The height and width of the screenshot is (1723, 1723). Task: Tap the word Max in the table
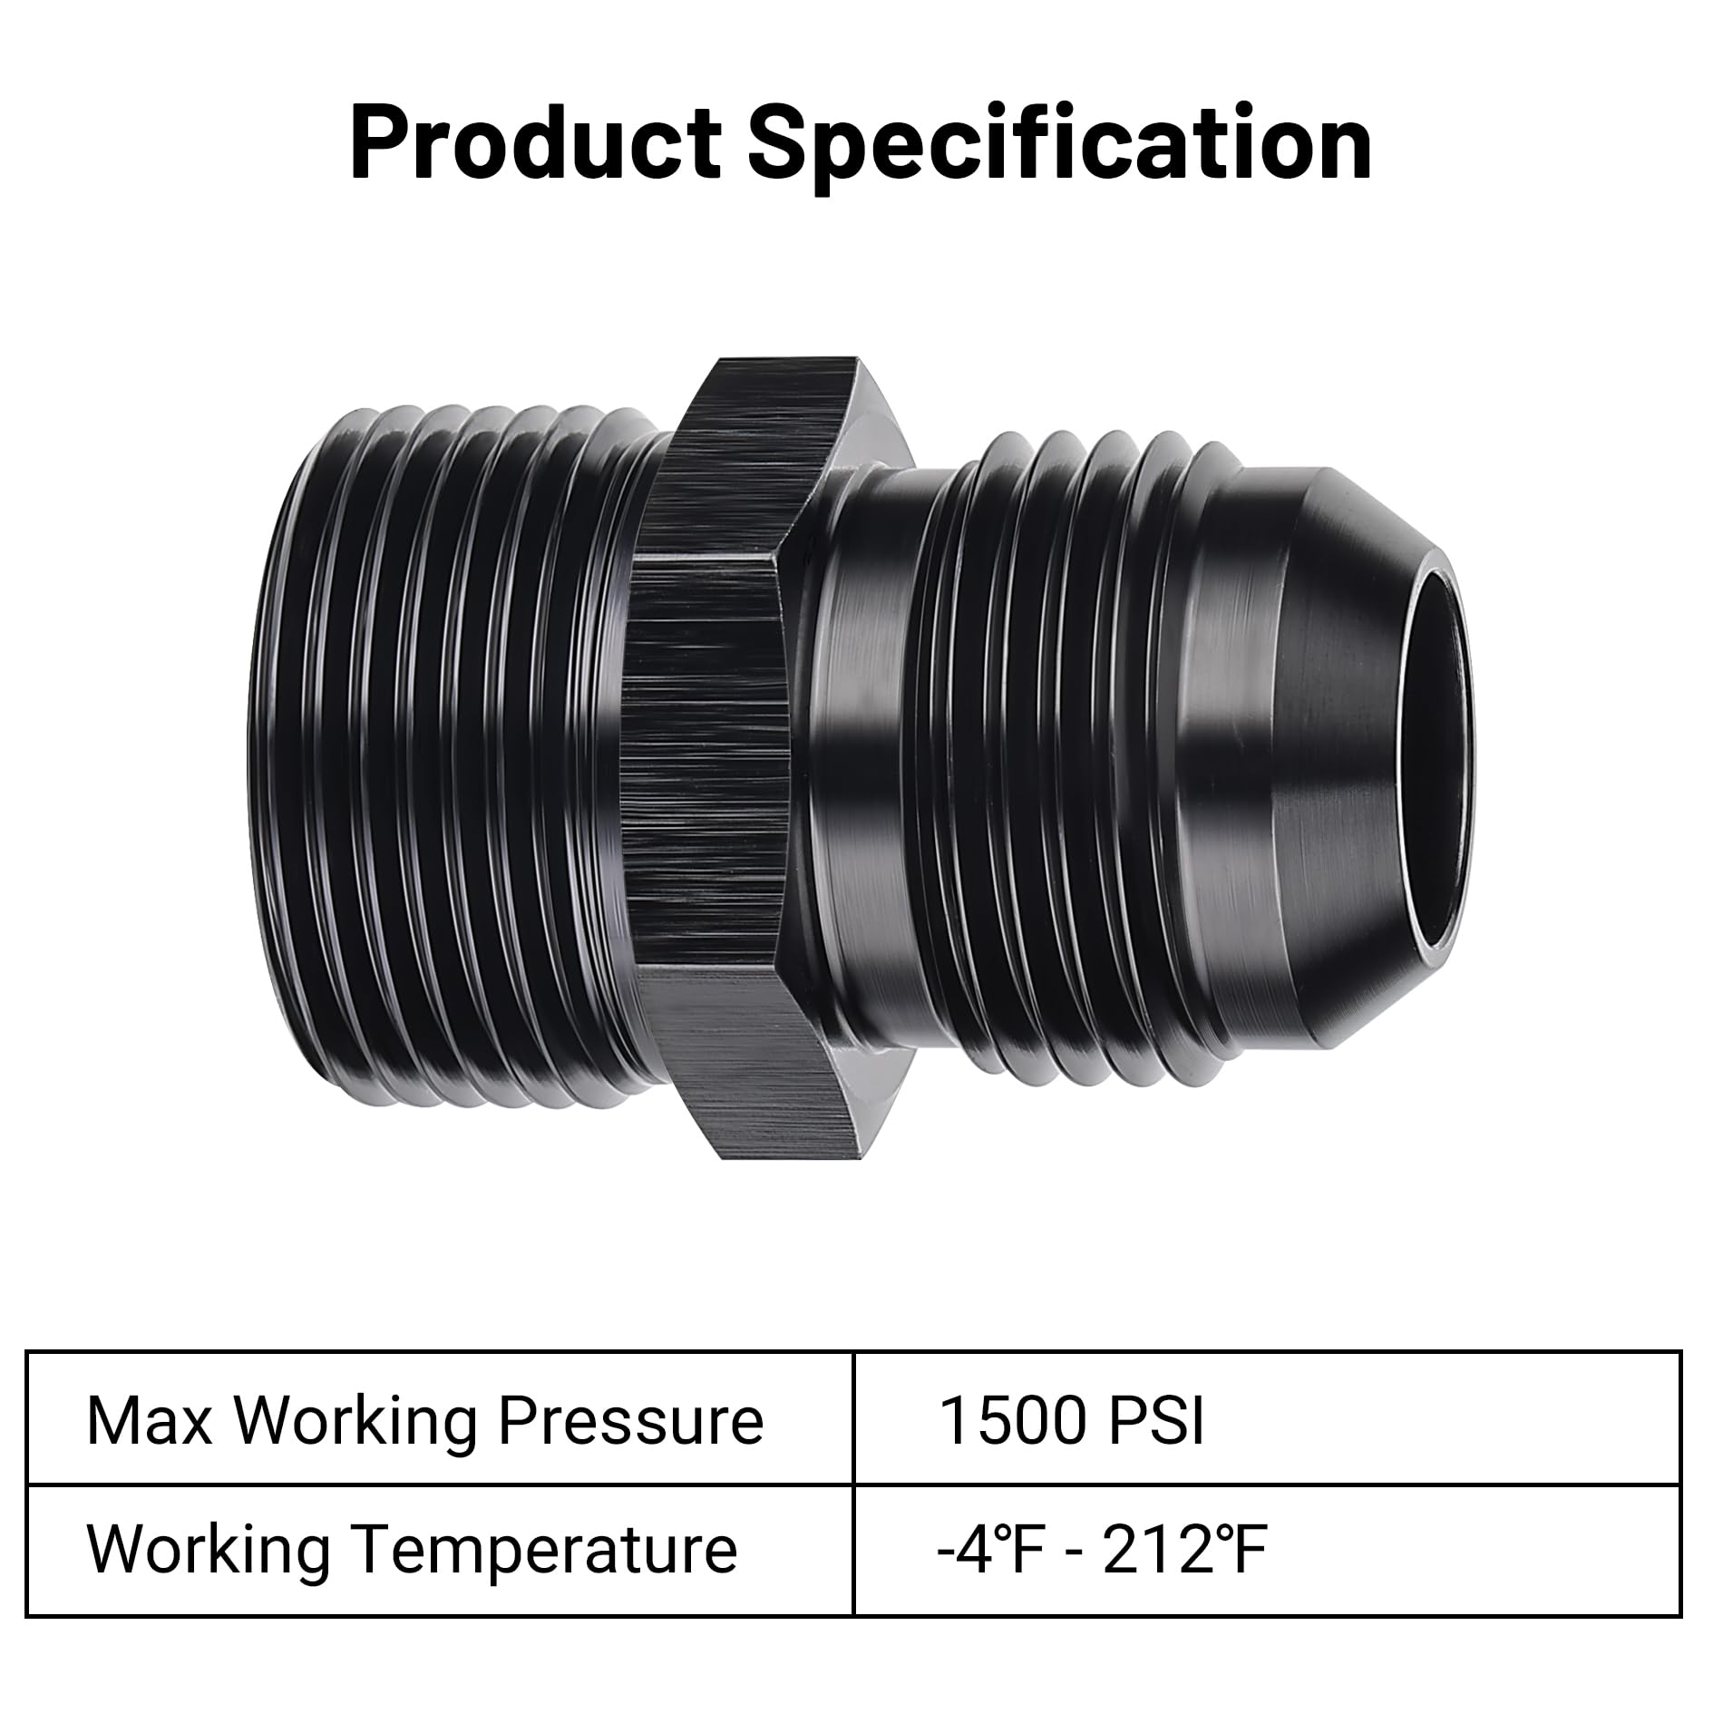pyautogui.click(x=149, y=1421)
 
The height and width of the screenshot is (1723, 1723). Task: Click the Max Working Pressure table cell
pyautogui.click(x=440, y=1421)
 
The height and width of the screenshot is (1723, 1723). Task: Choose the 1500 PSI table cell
pyautogui.click(x=1267, y=1421)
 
